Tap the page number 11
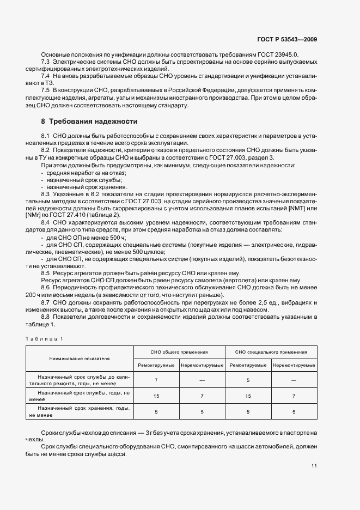click(314, 466)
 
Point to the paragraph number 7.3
click(45, 62)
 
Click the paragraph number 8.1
click(45, 135)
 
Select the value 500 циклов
click(149, 253)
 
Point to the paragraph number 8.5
click(45, 273)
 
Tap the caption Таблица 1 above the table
click(45, 339)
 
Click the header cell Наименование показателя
click(80, 359)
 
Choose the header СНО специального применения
click(271, 353)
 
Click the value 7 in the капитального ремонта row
click(157, 380)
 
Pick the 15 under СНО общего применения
click(157, 396)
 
